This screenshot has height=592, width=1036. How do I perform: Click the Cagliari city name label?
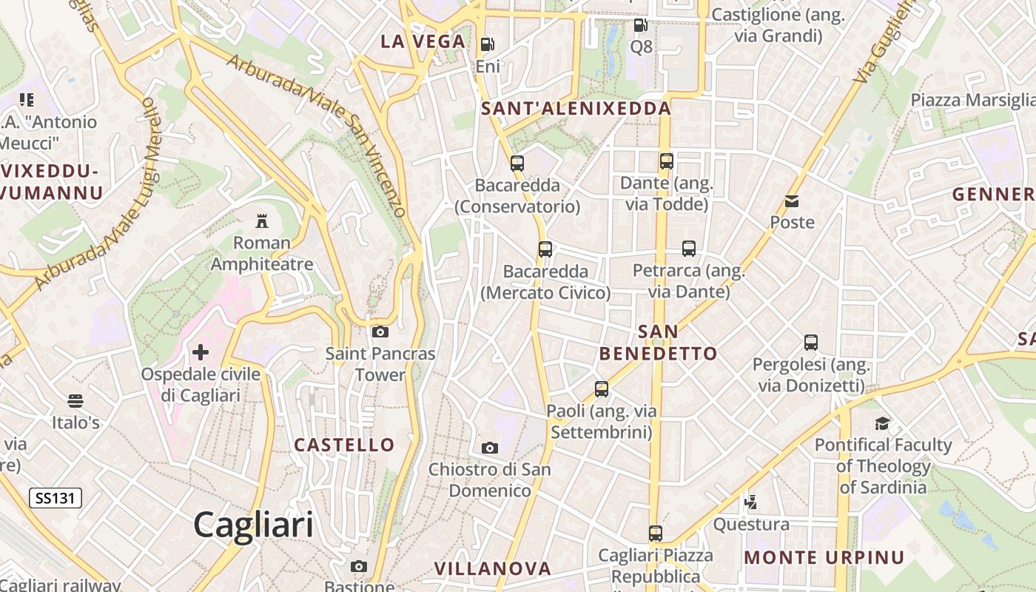pos(253,525)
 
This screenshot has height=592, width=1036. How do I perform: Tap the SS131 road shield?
pos(55,498)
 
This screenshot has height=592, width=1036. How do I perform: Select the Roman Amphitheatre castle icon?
pos(261,221)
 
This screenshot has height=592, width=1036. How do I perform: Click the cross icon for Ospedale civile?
pos(201,352)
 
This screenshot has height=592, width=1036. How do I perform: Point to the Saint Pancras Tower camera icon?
pos(380,332)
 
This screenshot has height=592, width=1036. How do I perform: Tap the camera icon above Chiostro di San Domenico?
pos(489,448)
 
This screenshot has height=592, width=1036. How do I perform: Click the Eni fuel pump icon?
pos(487,44)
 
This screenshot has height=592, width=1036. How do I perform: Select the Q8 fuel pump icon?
pos(641,25)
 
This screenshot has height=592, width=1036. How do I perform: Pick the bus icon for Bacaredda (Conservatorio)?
pos(517,164)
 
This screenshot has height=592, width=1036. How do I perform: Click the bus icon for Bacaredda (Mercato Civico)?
pos(545,249)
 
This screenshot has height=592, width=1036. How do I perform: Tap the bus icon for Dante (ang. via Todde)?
pos(667,161)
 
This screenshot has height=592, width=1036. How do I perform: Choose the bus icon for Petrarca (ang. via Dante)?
pos(689,249)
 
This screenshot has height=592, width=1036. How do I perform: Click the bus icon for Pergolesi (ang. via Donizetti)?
pos(811,343)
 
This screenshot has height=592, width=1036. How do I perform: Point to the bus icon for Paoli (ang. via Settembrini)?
pos(602,388)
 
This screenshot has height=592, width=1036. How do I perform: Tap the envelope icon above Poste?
pos(792,201)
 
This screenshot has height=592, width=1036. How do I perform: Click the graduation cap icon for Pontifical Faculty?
pos(882,423)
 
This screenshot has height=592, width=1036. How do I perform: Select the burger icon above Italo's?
pos(75,401)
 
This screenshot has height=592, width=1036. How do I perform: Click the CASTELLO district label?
pos(344,445)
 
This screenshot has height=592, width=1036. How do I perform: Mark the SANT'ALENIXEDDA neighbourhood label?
pos(576,109)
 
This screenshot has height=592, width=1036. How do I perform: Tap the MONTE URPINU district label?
pos(824,557)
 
